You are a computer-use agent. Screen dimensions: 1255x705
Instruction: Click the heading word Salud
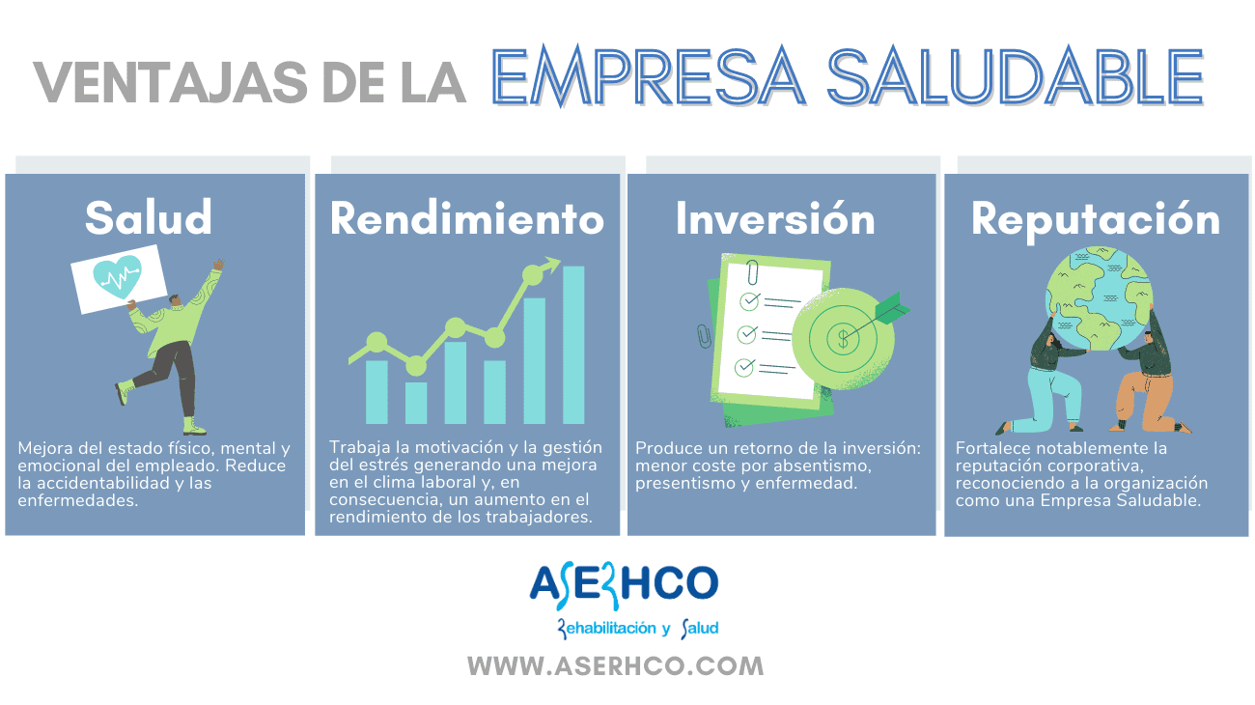click(x=149, y=217)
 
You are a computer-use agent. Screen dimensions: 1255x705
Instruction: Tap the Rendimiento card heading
click(x=466, y=218)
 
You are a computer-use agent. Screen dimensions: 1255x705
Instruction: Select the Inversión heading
click(x=775, y=217)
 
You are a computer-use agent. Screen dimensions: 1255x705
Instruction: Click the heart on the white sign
click(x=117, y=276)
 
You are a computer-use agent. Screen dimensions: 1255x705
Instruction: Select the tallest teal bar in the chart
click(x=573, y=345)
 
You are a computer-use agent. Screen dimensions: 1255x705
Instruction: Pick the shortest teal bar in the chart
click(x=416, y=403)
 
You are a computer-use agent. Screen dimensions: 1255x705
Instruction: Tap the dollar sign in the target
click(x=843, y=339)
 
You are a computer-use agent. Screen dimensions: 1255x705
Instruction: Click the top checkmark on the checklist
click(x=750, y=301)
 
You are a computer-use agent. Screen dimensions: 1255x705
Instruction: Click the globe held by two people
click(x=1100, y=298)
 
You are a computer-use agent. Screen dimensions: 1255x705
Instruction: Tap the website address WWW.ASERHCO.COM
click(x=616, y=666)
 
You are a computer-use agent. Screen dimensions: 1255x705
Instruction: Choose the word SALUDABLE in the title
click(x=1016, y=76)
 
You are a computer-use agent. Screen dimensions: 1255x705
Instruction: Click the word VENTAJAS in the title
click(x=171, y=82)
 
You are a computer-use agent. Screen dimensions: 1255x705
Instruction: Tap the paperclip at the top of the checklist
click(x=752, y=272)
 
